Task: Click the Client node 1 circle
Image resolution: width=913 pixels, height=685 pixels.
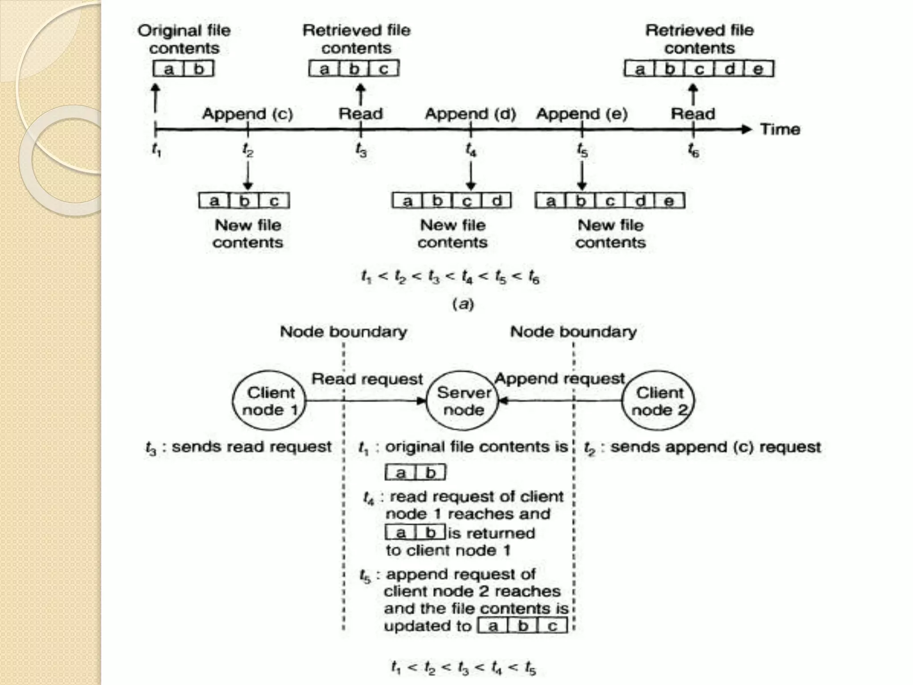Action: coord(269,400)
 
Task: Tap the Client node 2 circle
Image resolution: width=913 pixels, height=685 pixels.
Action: coord(658,400)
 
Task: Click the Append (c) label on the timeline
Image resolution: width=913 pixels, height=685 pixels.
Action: coord(247,114)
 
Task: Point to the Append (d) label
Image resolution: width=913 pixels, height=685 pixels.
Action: coord(470,114)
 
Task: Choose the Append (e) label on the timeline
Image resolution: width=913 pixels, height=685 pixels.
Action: coord(582,114)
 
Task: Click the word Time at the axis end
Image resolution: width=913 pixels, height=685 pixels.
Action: coord(780,129)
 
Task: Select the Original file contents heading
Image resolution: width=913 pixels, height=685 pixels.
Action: coord(184,39)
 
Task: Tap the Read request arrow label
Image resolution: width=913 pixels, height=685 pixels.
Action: coord(367,379)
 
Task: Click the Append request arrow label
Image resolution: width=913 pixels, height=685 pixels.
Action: coord(560,379)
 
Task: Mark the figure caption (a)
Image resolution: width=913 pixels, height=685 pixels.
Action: coord(463,304)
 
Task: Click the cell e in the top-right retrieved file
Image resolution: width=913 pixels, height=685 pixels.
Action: coord(758,69)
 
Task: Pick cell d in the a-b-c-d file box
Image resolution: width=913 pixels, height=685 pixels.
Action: coord(496,201)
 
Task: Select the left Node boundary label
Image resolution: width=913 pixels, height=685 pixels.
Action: coord(343,332)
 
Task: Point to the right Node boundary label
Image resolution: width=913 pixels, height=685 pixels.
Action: coord(573,332)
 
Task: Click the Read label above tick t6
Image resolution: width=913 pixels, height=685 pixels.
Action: coord(693,114)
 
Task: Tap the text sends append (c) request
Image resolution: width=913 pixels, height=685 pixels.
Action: coord(716,447)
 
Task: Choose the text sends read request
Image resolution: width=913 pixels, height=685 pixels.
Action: coord(251,447)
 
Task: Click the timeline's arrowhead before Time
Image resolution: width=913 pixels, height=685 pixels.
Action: coord(746,129)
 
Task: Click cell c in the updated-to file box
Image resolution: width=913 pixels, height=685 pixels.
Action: coord(552,626)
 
